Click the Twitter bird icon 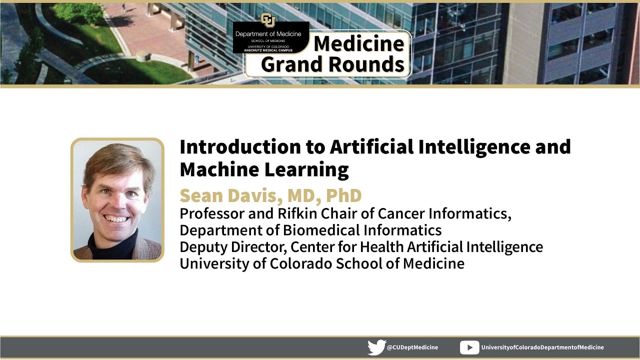point(376,347)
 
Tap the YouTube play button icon point(469,347)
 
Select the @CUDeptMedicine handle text point(412,347)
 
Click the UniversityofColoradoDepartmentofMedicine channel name point(542,347)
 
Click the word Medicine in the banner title point(359,44)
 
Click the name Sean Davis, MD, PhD point(270,195)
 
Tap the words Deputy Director point(232,247)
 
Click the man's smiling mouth point(116,218)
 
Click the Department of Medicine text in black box point(268,34)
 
